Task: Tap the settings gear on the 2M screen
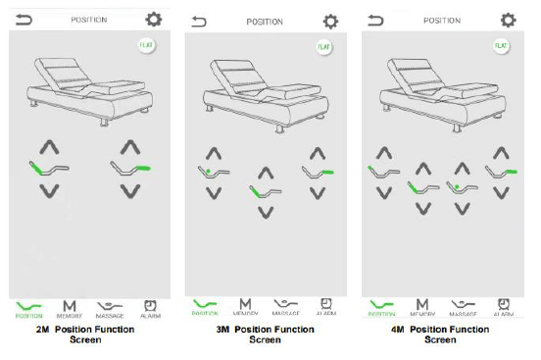pos(154,19)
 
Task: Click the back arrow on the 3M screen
pos(200,21)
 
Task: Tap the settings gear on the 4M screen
pos(507,19)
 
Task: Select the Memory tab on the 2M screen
pos(70,309)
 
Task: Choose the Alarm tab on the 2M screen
pos(150,309)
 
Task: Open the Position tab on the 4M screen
pos(382,309)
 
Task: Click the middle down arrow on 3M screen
pos(265,212)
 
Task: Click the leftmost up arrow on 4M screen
pos(383,153)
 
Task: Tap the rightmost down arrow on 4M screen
pos(501,191)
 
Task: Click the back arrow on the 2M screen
pos(22,19)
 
